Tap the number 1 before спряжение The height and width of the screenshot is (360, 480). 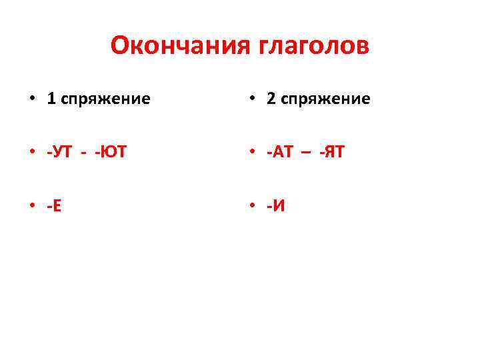click(51, 99)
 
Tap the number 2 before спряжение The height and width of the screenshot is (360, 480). click(271, 99)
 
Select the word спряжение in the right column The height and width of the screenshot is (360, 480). click(326, 100)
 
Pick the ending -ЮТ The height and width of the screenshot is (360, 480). click(110, 152)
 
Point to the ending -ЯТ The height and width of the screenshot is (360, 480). click(332, 152)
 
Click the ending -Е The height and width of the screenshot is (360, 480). click(55, 205)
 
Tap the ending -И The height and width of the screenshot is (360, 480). click(276, 205)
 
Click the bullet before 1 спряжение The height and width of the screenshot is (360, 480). click(32, 99)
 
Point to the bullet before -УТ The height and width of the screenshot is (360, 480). click(32, 153)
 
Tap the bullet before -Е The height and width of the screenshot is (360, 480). click(32, 206)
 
